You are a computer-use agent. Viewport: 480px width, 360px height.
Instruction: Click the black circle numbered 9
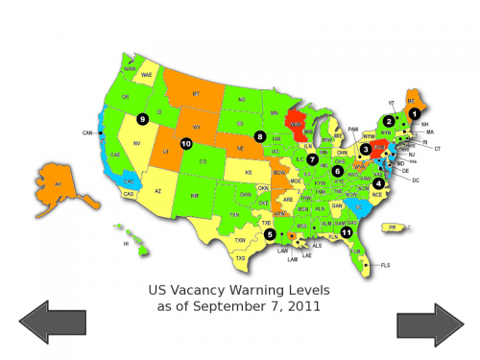click(x=142, y=119)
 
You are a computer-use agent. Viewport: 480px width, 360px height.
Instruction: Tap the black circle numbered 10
click(x=185, y=144)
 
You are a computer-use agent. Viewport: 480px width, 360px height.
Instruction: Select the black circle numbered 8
click(x=259, y=136)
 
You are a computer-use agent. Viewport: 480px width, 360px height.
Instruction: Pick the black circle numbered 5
click(x=270, y=233)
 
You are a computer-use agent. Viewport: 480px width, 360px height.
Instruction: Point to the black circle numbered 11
click(x=347, y=231)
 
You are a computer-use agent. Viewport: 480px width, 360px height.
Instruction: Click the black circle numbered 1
click(x=414, y=112)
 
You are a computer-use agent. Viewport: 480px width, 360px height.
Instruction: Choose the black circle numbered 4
click(x=378, y=183)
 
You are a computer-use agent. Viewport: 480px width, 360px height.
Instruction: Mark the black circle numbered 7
click(x=312, y=158)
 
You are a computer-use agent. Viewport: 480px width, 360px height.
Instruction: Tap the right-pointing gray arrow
click(x=430, y=324)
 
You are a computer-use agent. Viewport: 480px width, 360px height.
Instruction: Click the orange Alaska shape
click(x=60, y=182)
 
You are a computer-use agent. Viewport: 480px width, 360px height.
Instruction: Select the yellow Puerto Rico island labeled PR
click(x=391, y=227)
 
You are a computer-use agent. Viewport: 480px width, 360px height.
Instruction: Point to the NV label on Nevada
click(x=136, y=143)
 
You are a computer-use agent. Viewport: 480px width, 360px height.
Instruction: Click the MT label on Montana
click(x=197, y=93)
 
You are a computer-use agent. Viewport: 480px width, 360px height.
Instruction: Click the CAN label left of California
click(x=86, y=132)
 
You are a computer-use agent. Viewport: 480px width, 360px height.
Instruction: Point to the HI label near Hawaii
click(x=125, y=244)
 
